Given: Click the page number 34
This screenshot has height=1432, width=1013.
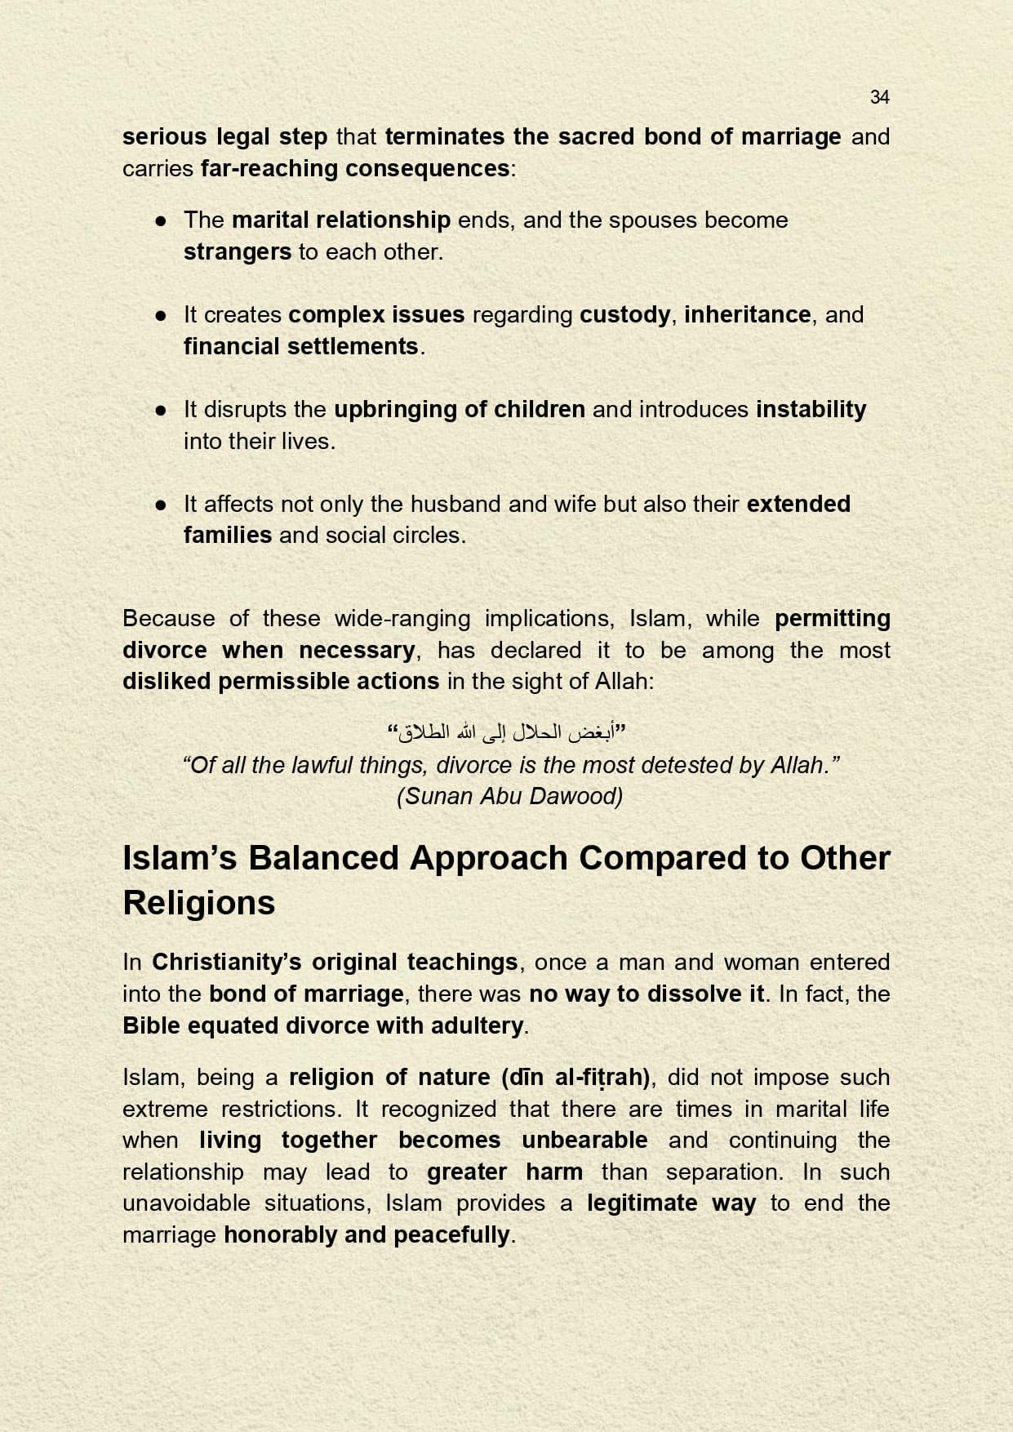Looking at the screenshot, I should coord(879,97).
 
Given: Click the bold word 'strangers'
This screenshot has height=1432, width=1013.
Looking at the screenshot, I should coord(237,251).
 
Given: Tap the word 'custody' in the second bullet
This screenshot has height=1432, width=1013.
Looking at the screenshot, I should coord(624,314).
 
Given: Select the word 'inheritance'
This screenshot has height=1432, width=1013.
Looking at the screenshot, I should coord(747,314).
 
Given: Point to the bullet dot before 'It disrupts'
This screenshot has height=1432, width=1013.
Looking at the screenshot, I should coord(162,410).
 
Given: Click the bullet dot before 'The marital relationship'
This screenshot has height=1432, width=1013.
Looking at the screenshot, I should coord(162,220).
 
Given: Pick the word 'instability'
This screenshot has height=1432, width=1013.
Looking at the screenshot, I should coord(811,409).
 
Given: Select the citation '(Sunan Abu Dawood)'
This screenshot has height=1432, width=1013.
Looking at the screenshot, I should coord(510,796).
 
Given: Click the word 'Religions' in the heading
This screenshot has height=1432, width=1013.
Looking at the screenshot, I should coord(199,903).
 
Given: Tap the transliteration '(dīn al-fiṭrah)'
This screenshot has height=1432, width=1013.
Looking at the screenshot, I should coord(575,1078).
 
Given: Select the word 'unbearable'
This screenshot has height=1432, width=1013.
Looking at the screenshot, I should coord(584,1140).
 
